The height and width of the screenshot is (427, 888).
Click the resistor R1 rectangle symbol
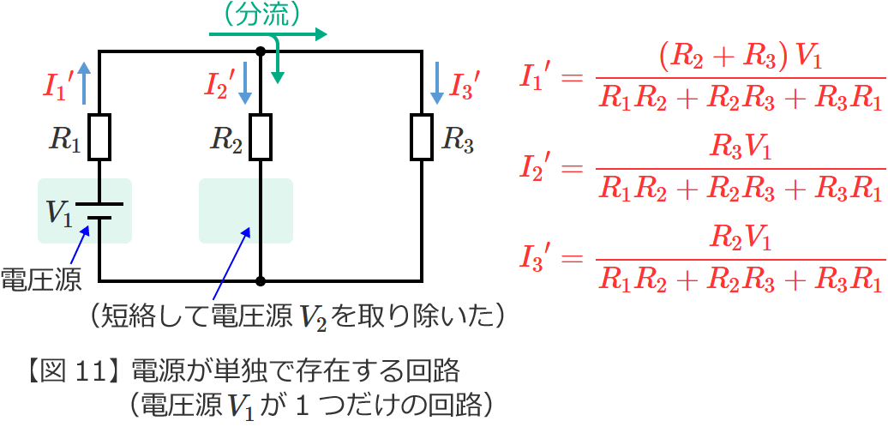(x=99, y=136)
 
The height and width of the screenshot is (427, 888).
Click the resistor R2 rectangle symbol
(x=261, y=136)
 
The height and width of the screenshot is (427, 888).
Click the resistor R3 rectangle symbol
(x=422, y=136)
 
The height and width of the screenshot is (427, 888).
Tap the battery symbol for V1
(x=99, y=211)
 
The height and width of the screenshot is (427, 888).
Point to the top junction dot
(x=261, y=52)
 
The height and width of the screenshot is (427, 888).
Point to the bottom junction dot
(x=261, y=280)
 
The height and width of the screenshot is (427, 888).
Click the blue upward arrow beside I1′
(x=84, y=83)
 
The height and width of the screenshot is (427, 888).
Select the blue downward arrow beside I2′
(x=244, y=83)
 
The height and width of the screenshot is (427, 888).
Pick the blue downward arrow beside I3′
(x=436, y=83)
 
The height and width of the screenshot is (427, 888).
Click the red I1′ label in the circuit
(x=57, y=86)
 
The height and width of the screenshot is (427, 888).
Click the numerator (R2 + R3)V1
(x=741, y=59)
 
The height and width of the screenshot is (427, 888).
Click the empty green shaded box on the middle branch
(x=246, y=211)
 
